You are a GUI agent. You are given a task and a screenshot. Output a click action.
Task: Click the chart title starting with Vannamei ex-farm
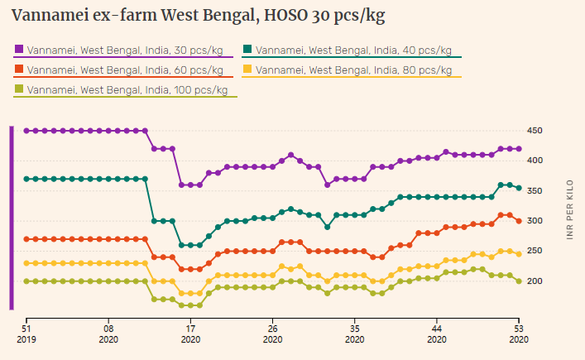199,16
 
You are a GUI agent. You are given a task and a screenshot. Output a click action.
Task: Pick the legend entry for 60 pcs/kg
125,70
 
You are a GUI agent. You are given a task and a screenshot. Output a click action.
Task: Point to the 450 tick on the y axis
534,131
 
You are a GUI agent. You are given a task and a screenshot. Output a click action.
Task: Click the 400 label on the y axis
534,161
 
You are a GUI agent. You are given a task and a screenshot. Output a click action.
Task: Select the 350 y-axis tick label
534,191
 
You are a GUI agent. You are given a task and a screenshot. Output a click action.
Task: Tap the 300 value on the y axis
534,221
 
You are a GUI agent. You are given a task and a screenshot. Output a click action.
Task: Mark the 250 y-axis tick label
534,251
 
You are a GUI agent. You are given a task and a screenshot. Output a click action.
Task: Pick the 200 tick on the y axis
534,281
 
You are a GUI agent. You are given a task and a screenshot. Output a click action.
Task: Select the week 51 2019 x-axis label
26,332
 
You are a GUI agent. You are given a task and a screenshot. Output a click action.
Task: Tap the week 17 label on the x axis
190,332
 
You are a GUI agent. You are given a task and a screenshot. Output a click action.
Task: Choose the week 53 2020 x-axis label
518,332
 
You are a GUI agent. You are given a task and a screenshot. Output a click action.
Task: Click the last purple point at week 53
518,149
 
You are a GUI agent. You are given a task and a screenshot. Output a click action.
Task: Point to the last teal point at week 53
518,188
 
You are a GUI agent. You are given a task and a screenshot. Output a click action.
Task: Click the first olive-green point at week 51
26,281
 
